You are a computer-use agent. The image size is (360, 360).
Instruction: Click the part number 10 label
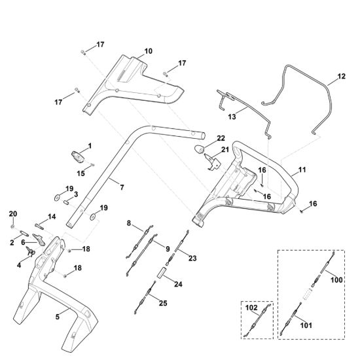point(149,51)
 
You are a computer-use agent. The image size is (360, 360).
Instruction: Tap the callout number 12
point(342,76)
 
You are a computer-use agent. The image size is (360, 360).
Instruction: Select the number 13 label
point(232,117)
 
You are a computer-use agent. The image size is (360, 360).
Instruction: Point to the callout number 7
point(122,187)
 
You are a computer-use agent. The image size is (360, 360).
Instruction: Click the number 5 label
point(58,317)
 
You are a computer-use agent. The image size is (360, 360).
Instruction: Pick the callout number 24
point(178,284)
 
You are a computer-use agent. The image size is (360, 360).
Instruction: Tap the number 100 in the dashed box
point(336,280)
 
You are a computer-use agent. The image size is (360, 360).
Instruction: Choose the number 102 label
point(251,308)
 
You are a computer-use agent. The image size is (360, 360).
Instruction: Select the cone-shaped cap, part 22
point(199,149)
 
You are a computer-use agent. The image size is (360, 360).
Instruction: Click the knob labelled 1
point(78,157)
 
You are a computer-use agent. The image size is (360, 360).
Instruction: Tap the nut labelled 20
point(12,227)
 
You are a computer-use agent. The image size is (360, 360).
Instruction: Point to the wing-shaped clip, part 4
point(31,251)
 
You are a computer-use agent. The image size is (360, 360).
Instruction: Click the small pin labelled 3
point(66,203)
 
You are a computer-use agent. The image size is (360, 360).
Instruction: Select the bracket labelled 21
point(212,162)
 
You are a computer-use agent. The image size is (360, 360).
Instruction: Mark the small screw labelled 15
point(93,164)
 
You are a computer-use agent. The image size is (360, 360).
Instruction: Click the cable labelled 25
point(145,297)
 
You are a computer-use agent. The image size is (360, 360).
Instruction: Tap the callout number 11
point(302,170)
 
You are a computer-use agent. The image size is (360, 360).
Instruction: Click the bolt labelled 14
point(39,225)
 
